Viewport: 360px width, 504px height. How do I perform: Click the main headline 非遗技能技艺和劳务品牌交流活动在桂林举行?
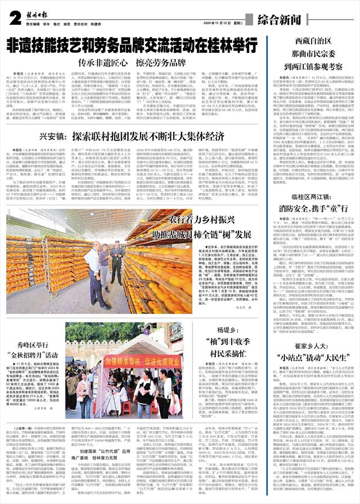(x=132, y=44)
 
